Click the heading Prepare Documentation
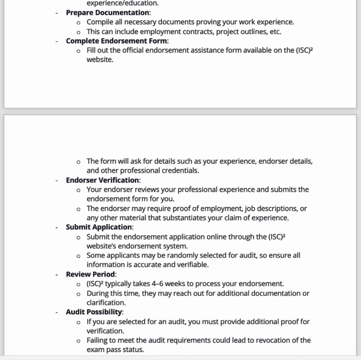[108, 12]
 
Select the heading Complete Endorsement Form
[117, 41]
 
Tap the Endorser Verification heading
[103, 181]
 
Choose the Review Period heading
[90, 274]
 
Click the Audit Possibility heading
[94, 312]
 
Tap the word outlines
[247, 32]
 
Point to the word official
[143, 50]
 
